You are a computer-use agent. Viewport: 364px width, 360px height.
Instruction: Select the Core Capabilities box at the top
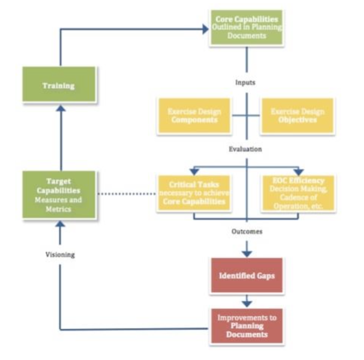247,28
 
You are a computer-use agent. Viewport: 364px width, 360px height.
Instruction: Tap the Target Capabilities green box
59,195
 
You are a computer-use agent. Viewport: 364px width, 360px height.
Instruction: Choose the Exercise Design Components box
194,116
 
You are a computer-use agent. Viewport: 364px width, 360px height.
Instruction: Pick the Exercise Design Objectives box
298,116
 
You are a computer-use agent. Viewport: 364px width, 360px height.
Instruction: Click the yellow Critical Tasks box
194,193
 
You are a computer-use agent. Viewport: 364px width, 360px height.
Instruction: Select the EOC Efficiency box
298,193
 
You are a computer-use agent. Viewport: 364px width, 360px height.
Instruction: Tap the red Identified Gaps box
247,275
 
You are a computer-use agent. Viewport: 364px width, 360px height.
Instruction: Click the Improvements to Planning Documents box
247,326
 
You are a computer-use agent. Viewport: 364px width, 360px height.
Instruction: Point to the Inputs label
245,82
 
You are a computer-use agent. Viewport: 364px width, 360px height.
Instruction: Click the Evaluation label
245,149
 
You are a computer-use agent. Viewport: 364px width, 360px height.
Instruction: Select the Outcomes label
247,231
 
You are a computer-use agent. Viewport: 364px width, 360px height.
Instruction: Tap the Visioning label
60,254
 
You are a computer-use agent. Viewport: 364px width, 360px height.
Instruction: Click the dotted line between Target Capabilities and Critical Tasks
127,194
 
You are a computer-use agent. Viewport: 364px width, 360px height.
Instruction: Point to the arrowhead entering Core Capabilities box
205,29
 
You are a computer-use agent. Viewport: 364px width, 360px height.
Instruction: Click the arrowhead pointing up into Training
61,108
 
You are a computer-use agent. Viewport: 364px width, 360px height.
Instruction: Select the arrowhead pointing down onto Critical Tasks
194,172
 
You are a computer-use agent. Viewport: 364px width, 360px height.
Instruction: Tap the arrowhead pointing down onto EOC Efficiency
299,172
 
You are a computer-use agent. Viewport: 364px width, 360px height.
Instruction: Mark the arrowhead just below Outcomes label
247,253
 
